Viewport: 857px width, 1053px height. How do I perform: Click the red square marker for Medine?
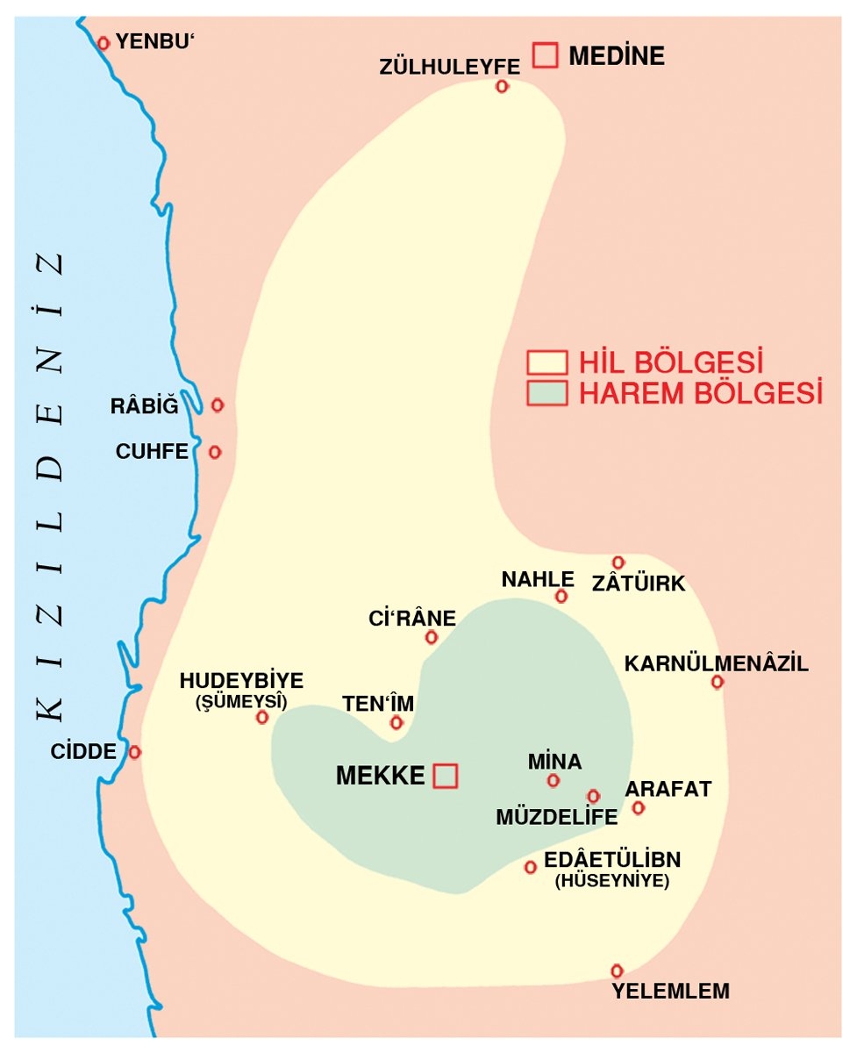[x=546, y=55]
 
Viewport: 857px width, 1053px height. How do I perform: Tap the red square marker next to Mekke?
[x=446, y=775]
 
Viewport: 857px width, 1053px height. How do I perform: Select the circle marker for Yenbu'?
[x=104, y=42]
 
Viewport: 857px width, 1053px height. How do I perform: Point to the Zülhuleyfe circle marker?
[x=502, y=86]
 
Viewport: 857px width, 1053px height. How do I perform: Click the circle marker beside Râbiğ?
[x=218, y=405]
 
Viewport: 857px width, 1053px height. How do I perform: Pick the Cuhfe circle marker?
[x=215, y=452]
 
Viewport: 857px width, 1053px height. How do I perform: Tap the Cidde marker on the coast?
[x=134, y=752]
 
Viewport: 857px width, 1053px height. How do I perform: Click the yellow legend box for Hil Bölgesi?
[x=546, y=362]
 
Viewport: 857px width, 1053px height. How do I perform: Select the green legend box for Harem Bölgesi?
[x=546, y=392]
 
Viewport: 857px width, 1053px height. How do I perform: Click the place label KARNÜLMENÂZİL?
[x=716, y=663]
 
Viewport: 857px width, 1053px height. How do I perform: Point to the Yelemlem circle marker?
[x=617, y=971]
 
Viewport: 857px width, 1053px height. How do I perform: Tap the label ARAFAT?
[x=668, y=788]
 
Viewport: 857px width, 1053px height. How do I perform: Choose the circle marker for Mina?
[x=553, y=780]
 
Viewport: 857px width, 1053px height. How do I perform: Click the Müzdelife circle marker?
[x=593, y=796]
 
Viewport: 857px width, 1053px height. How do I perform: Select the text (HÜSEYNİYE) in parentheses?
[x=611, y=881]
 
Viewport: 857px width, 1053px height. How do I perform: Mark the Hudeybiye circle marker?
[x=261, y=717]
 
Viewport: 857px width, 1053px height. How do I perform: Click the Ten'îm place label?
[x=377, y=703]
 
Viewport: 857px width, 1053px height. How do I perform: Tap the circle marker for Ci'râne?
[x=431, y=637]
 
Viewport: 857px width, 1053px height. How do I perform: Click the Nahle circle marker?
[x=561, y=597]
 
